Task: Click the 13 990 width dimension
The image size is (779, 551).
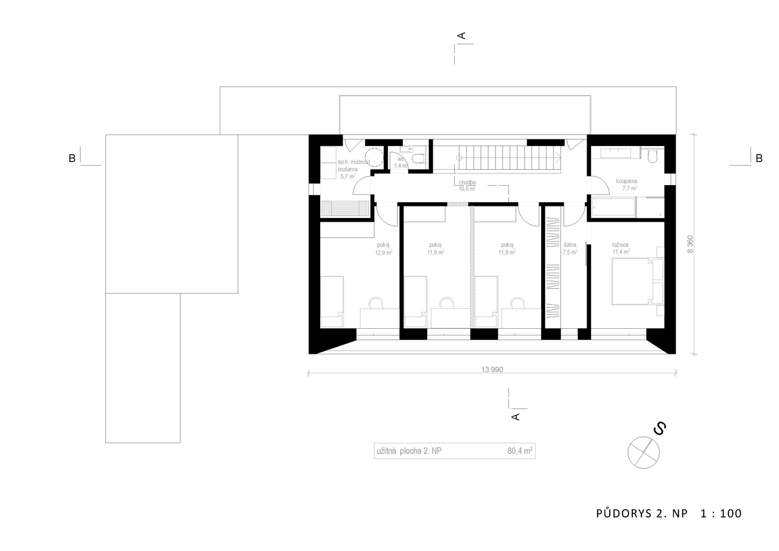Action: pyautogui.click(x=492, y=370)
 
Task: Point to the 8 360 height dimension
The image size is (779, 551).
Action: pyautogui.click(x=690, y=244)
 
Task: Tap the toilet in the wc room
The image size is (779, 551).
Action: pyautogui.click(x=418, y=159)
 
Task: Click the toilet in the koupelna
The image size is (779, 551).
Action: pyautogui.click(x=653, y=156)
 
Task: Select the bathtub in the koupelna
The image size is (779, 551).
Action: pyautogui.click(x=614, y=208)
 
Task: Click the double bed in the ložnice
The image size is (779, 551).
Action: pyautogui.click(x=632, y=281)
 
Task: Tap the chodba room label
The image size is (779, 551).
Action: pyautogui.click(x=467, y=182)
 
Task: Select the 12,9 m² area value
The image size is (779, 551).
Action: pyautogui.click(x=383, y=253)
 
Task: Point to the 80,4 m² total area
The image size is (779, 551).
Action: pyautogui.click(x=520, y=451)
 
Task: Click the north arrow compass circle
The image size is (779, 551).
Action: pyautogui.click(x=643, y=452)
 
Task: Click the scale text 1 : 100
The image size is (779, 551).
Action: pyautogui.click(x=721, y=513)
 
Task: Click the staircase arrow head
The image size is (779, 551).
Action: pyautogui.click(x=559, y=158)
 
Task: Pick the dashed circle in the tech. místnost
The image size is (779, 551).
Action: pyautogui.click(x=374, y=158)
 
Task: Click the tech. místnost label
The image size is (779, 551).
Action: pyautogui.click(x=354, y=162)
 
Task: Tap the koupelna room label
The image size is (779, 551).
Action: pyautogui.click(x=627, y=181)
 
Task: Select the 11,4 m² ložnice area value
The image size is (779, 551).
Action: pyautogui.click(x=621, y=251)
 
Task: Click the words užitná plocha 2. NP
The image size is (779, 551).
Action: pyautogui.click(x=409, y=451)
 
